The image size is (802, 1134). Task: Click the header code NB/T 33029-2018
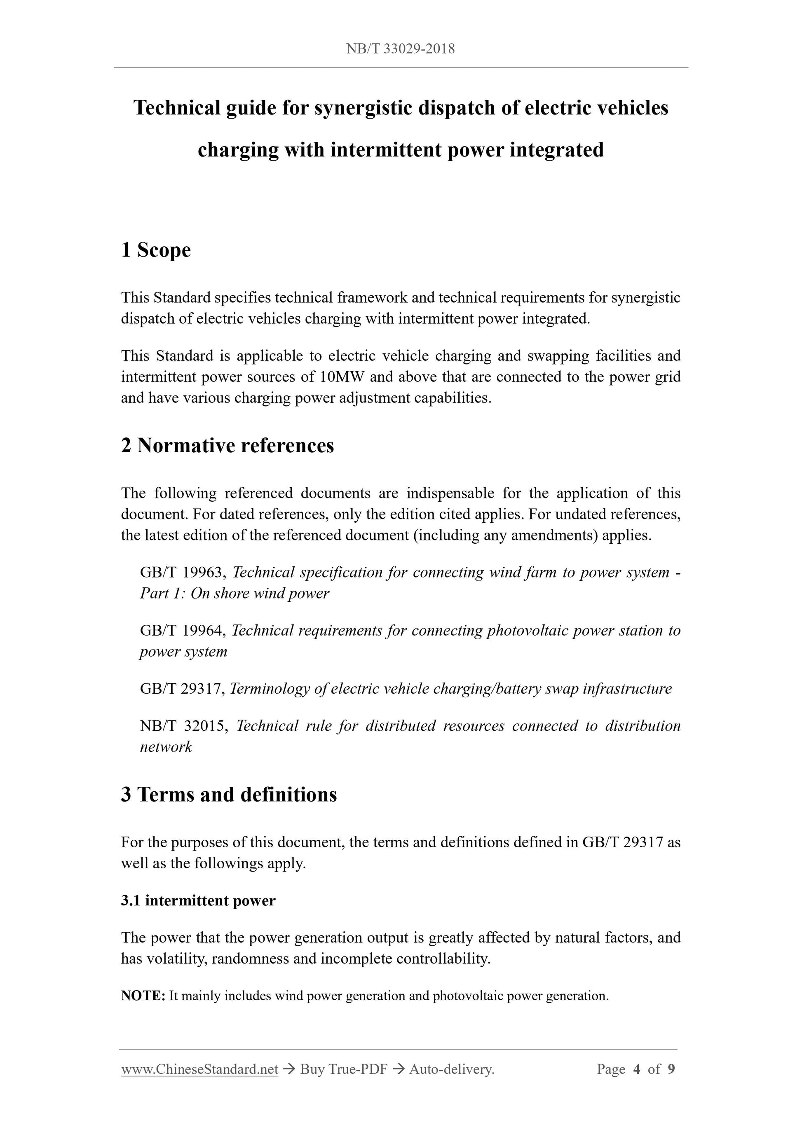point(400,49)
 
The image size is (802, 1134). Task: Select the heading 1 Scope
point(156,250)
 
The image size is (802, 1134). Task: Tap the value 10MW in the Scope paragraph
point(342,377)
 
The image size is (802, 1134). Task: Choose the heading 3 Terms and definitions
point(229,794)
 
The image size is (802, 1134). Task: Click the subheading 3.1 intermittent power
point(198,900)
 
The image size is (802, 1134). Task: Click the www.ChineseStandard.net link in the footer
point(199,1069)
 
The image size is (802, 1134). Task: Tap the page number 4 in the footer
point(637,1069)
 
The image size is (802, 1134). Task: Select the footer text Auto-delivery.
point(452,1069)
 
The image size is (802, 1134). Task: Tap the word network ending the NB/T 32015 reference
point(166,746)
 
